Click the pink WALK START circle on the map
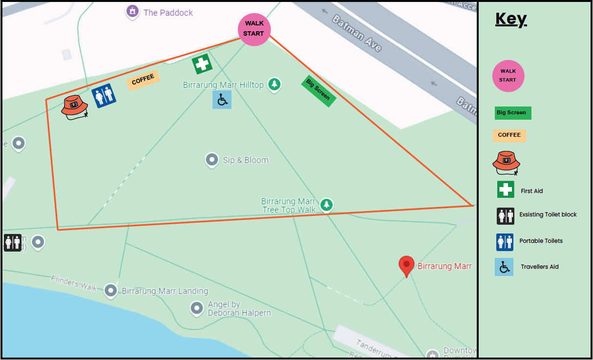[254, 29]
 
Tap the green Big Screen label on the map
[318, 91]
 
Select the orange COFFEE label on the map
[143, 80]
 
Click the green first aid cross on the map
[202, 64]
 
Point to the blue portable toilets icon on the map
[104, 96]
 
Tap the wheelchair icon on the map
[222, 100]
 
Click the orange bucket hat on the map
[75, 107]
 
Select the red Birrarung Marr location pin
[406, 265]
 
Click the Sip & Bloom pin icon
[212, 159]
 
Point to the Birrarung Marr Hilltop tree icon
[275, 85]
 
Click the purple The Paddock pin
[132, 11]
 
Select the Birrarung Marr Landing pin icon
[111, 290]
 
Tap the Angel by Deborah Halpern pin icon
[196, 308]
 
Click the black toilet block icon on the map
[12, 242]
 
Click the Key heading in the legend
[511, 19]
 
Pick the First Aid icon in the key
[506, 190]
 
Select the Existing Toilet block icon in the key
[505, 215]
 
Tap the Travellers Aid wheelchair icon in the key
[504, 267]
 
